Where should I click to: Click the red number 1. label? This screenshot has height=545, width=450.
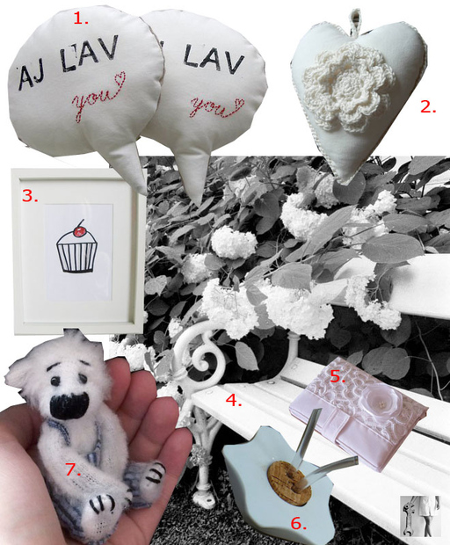[81, 18]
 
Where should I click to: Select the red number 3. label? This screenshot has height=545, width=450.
[30, 196]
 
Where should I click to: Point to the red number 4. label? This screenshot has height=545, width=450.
[234, 401]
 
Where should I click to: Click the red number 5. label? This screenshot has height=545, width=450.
[337, 376]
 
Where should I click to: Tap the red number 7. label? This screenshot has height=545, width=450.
[74, 469]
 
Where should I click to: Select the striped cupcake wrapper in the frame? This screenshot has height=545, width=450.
[76, 257]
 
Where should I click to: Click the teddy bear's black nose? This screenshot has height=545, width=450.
[69, 405]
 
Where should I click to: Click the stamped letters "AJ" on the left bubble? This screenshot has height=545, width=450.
[32, 76]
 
